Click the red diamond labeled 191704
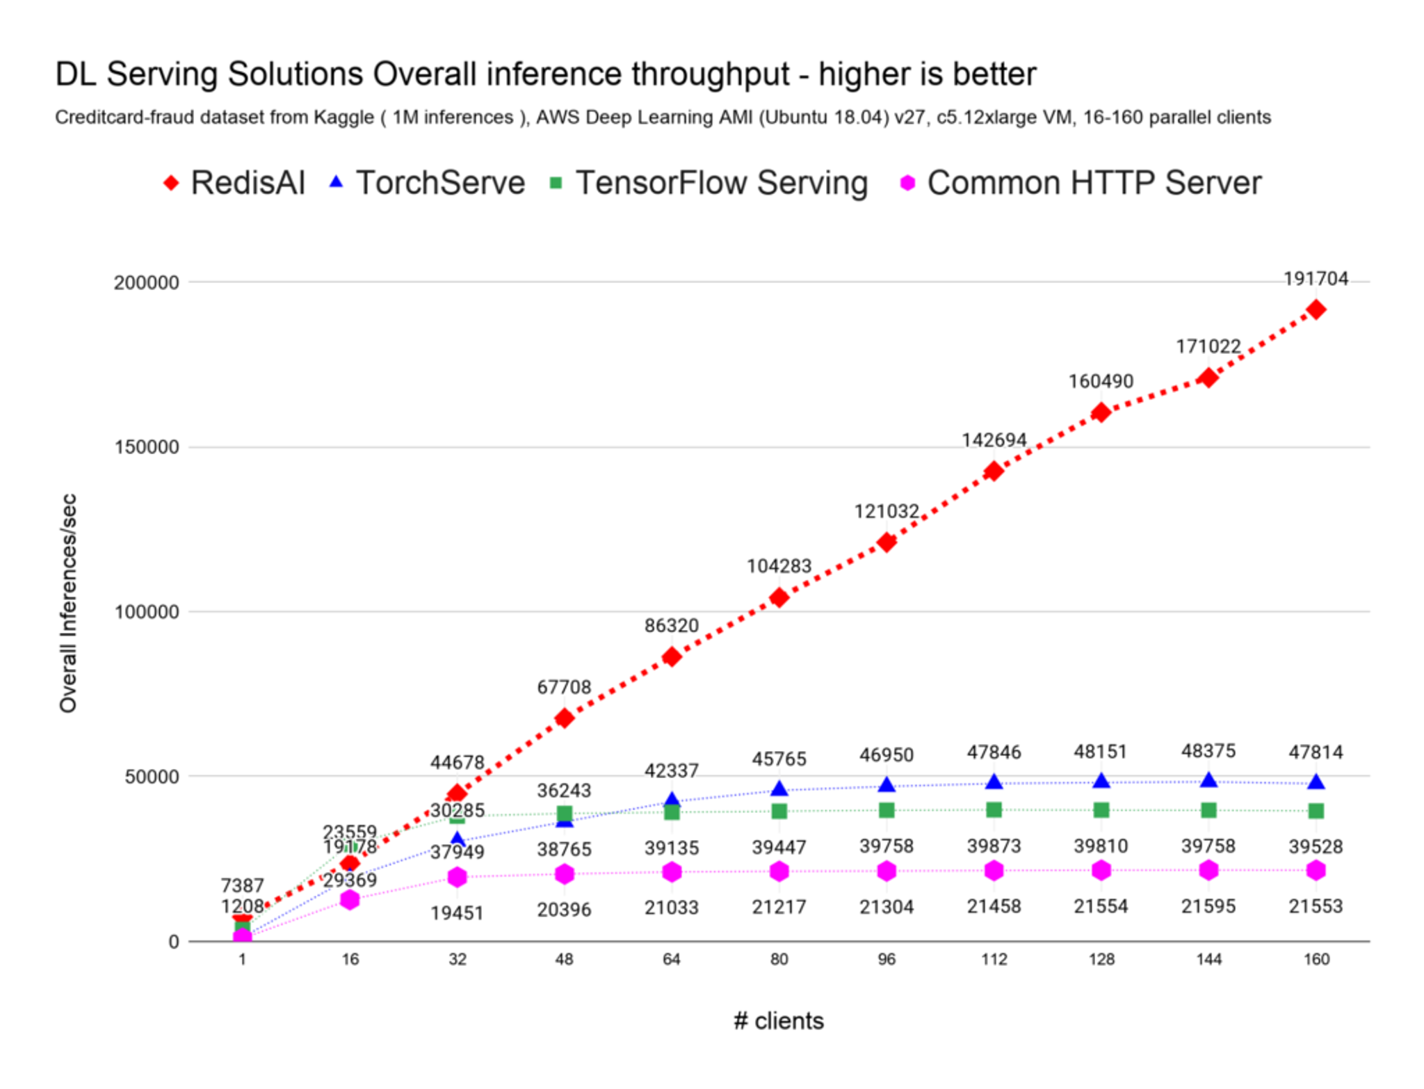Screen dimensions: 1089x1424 [x=1315, y=309]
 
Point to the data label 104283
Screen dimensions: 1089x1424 [x=779, y=566]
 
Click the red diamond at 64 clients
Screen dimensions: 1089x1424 [x=671, y=656]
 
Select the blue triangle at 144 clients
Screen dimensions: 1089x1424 [x=1208, y=780]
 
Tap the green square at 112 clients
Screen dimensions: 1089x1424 [x=994, y=809]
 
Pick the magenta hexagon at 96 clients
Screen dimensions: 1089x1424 [x=886, y=871]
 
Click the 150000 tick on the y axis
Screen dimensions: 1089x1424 [x=147, y=447]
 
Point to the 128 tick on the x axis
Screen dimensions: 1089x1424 [x=1101, y=960]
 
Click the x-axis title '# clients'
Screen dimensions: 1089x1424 [x=778, y=1021]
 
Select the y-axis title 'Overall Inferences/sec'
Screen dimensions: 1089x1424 [x=68, y=603]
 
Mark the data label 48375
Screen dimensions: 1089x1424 [x=1208, y=751]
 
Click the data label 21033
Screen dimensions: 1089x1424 [x=671, y=907]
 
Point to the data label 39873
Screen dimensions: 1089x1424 [x=994, y=846]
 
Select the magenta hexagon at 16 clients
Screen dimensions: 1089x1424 [x=350, y=900]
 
